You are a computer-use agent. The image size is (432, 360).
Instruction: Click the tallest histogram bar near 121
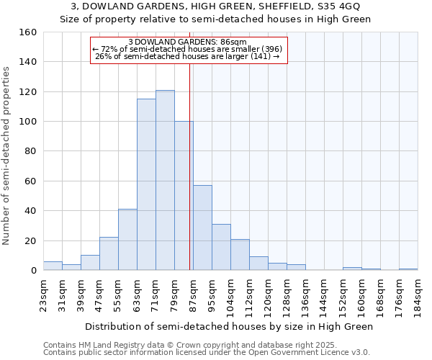[165, 180]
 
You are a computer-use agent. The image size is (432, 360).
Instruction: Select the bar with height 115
[146, 184]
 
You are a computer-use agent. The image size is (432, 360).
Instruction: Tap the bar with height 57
[202, 228]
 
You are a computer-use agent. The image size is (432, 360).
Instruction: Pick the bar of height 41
[127, 240]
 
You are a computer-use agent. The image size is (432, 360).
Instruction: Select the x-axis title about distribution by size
[230, 326]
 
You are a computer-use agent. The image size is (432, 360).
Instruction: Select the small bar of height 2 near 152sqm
[352, 269]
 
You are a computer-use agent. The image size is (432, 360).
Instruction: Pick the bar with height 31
[221, 247]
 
